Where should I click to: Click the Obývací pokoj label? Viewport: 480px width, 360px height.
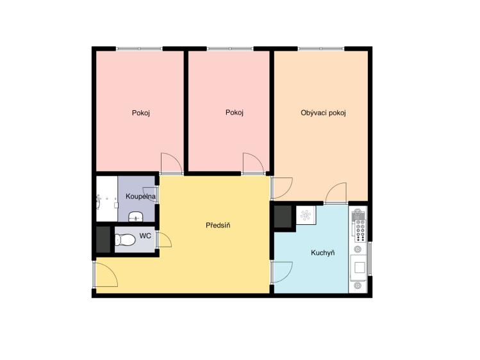(323, 113)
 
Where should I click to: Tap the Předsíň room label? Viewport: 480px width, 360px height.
(218, 225)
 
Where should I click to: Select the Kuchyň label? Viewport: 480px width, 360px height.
(322, 253)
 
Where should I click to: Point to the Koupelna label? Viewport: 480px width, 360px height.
(140, 197)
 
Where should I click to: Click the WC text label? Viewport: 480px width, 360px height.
(145, 236)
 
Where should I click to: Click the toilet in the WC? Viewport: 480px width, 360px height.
(125, 240)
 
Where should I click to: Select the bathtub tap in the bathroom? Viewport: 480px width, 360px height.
(99, 202)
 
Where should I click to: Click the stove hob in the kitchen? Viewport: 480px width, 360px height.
(360, 231)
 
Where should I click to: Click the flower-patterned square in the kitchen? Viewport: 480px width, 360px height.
(306, 215)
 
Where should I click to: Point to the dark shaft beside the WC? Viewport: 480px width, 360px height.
(103, 240)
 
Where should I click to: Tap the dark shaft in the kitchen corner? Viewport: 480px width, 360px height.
(283, 217)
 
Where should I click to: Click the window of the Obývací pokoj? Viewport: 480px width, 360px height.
(321, 49)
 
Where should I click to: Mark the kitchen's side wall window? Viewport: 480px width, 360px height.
(370, 258)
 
